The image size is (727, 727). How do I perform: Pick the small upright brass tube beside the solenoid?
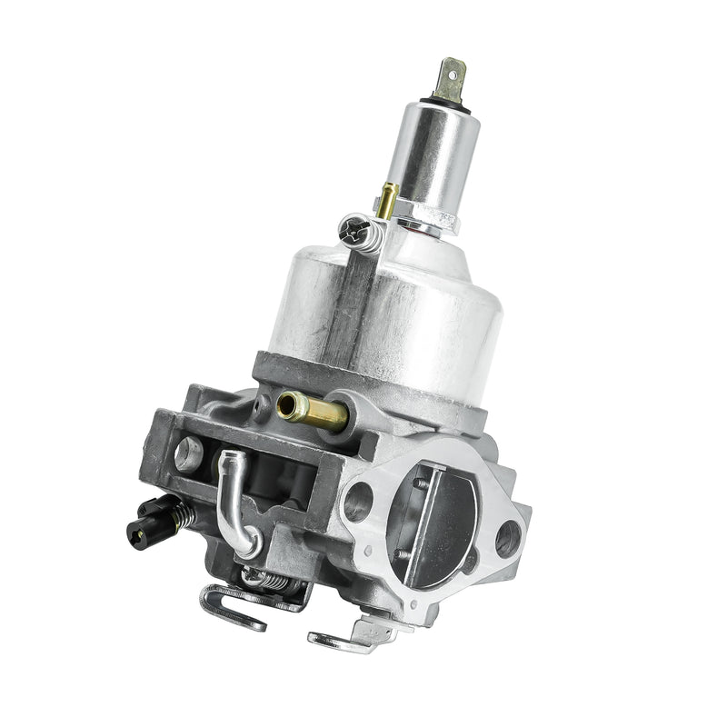click(389, 199)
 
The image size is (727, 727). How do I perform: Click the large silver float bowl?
click(382, 318)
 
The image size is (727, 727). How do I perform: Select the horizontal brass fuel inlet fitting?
click(314, 412)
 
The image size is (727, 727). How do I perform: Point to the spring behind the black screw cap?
click(181, 515)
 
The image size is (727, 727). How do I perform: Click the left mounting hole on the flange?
click(357, 501)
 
